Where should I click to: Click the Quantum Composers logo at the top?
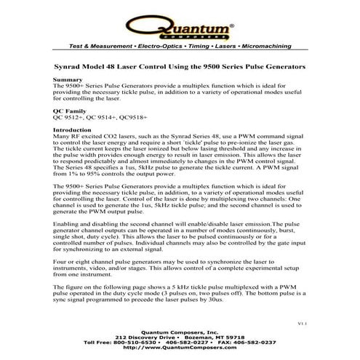coord(179,27)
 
